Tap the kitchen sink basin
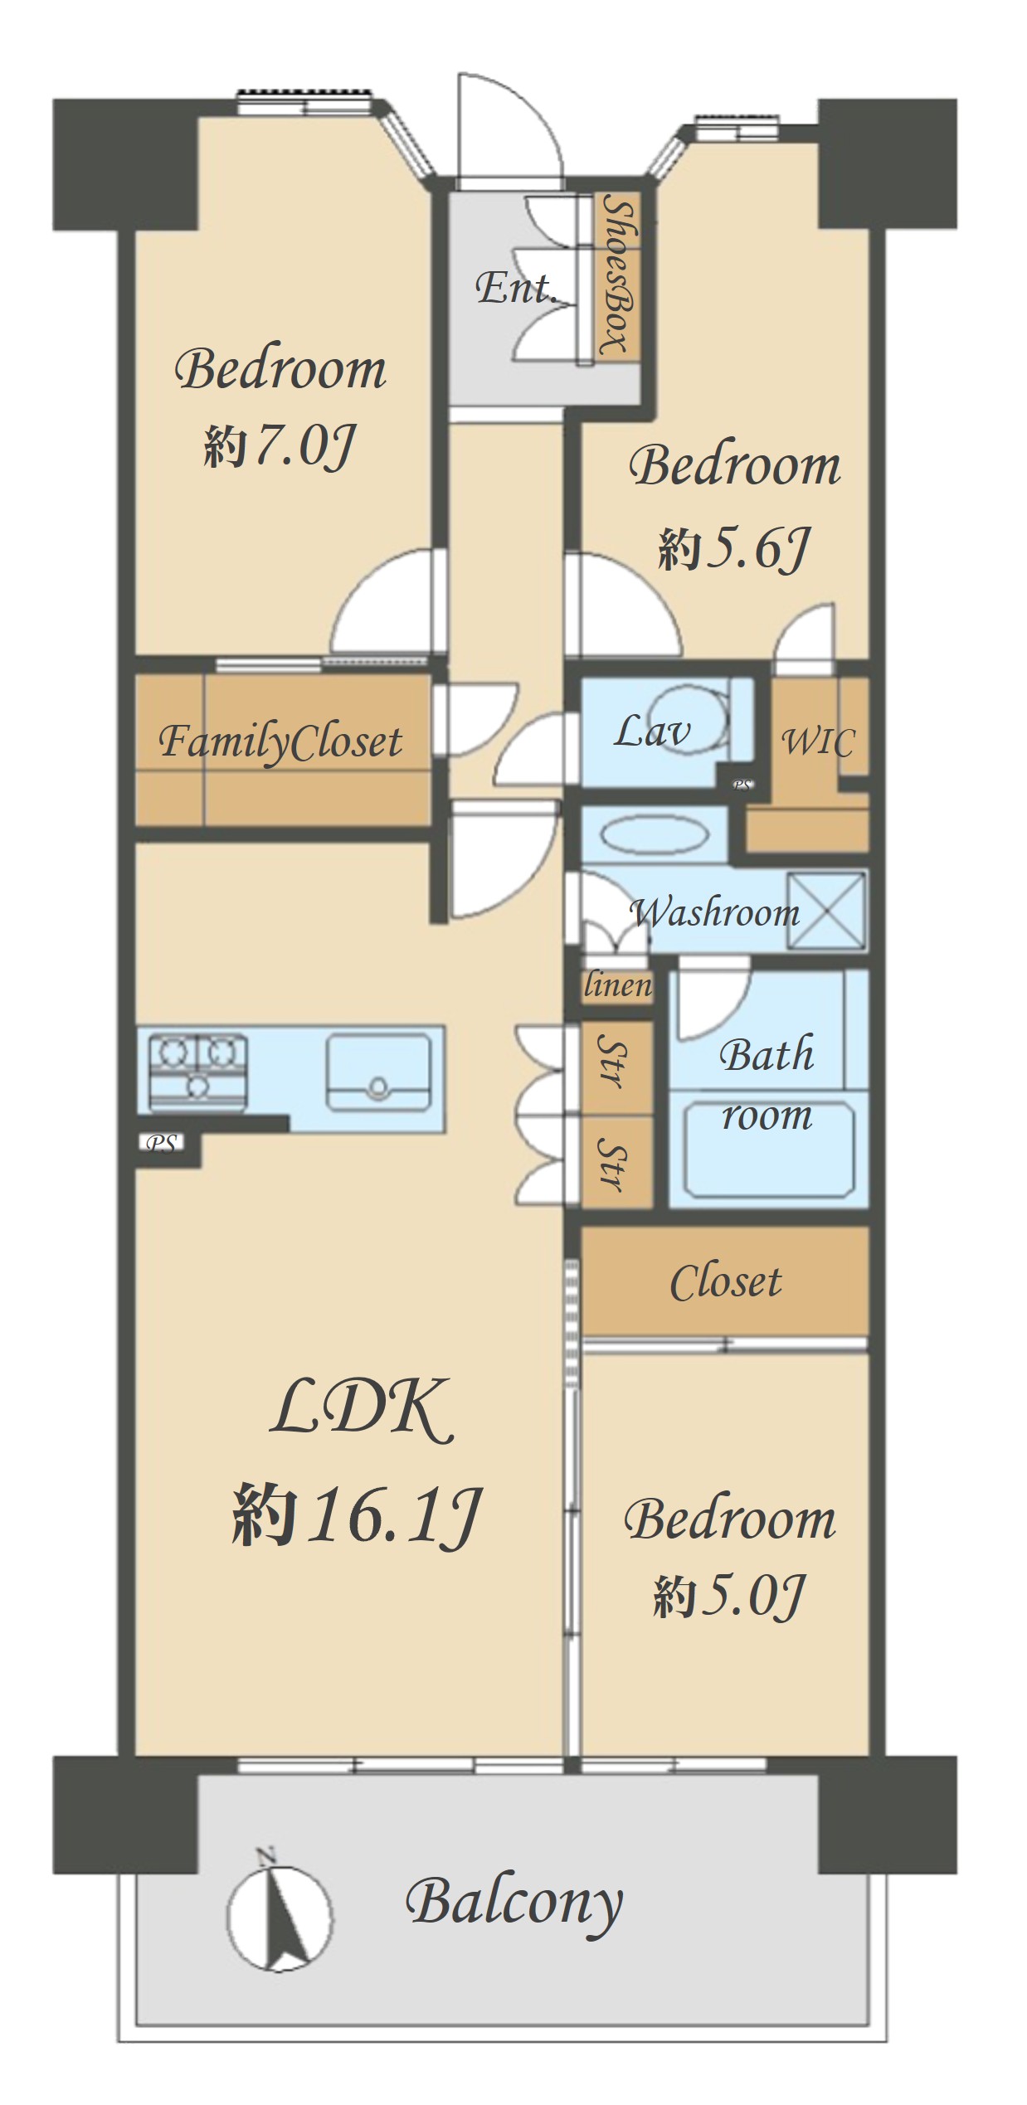pyautogui.click(x=379, y=1072)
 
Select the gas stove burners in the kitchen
pyautogui.click(x=197, y=1072)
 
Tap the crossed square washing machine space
pyautogui.click(x=825, y=910)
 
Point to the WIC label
pyautogui.click(x=818, y=741)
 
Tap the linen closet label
pyautogui.click(x=618, y=985)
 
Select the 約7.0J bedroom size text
pyautogui.click(x=280, y=445)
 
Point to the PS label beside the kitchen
pyautogui.click(x=162, y=1144)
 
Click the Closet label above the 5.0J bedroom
pyautogui.click(x=726, y=1282)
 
